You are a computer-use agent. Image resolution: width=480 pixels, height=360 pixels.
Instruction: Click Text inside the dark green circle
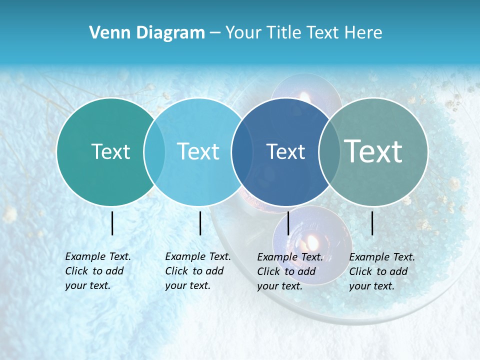110,151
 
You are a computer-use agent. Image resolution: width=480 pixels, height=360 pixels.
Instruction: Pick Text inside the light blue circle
198,151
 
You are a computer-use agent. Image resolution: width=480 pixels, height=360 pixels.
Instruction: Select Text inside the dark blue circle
285,151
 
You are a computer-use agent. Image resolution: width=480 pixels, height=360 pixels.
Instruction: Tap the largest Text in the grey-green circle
373,151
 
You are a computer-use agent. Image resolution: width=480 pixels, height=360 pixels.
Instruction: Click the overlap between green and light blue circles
154,151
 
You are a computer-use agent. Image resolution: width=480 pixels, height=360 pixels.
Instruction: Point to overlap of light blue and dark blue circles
242,151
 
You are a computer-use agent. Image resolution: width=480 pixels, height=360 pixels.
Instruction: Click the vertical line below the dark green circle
112,223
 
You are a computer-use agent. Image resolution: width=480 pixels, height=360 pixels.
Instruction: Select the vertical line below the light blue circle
200,223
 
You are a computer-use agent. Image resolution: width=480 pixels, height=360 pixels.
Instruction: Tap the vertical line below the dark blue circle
288,223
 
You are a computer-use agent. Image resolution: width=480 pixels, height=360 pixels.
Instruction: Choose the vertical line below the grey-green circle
372,223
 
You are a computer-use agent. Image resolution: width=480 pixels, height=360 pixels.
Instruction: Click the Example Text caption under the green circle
98,271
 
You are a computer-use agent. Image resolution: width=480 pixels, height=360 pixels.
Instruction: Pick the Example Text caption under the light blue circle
198,271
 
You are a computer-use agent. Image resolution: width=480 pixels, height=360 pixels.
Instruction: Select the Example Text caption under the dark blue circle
290,271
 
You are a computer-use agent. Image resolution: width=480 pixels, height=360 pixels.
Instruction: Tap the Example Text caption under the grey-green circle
382,271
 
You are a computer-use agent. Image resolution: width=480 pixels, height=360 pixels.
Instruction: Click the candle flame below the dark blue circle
312,243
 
